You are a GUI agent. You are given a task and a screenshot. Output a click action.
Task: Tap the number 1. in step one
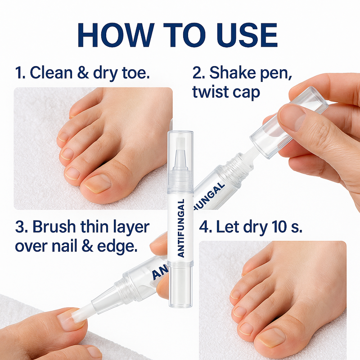click(x=21, y=72)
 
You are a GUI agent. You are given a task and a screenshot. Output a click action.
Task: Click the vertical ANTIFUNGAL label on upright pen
click(x=181, y=228)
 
